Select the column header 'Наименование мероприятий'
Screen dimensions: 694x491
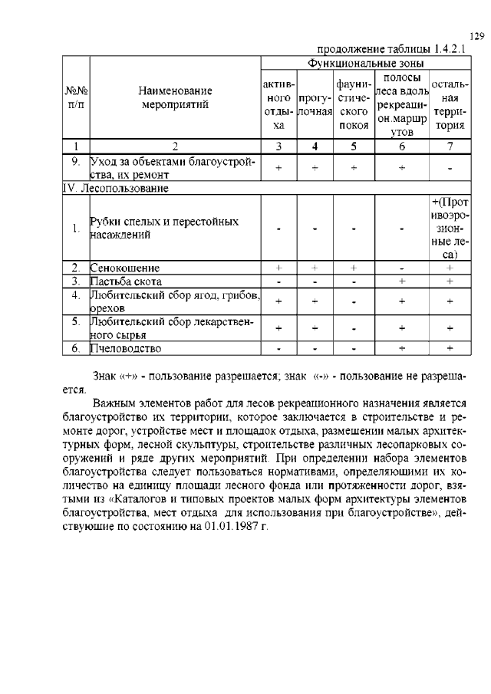coord(175,99)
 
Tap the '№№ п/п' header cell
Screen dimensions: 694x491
coord(76,99)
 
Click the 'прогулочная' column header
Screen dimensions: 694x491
coord(314,105)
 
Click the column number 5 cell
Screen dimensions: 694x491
coord(354,146)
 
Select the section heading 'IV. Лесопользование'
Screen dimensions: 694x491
coord(116,187)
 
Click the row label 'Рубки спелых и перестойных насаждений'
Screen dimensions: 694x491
coord(164,228)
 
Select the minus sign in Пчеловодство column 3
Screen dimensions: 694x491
coord(279,350)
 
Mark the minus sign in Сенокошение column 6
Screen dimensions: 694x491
coord(401,268)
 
